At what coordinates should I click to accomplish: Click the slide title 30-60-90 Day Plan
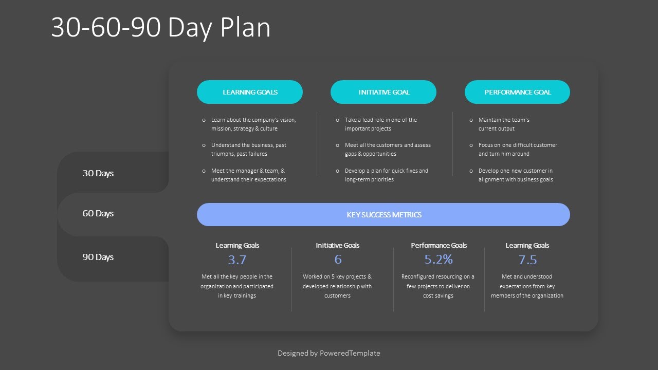160,28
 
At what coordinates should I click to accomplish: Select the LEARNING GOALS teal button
250,92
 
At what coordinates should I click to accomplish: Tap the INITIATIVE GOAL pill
383,92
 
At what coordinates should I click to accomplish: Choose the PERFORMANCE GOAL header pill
517,92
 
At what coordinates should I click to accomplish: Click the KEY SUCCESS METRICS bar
383,215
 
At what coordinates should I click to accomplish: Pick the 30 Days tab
98,173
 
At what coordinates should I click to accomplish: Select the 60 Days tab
98,213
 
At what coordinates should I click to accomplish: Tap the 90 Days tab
98,257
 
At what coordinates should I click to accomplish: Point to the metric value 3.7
237,260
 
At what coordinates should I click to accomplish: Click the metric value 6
338,260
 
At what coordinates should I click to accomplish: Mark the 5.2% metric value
438,260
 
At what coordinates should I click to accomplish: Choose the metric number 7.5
527,260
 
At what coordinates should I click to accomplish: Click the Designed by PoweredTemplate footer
329,353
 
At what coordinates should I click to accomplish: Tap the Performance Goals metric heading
438,246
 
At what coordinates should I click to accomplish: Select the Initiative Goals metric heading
338,246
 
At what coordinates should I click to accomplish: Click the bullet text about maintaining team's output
504,124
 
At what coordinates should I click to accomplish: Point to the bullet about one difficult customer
517,150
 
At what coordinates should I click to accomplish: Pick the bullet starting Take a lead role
380,124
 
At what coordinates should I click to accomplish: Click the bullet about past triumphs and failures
248,150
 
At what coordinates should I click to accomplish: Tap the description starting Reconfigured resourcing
438,286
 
